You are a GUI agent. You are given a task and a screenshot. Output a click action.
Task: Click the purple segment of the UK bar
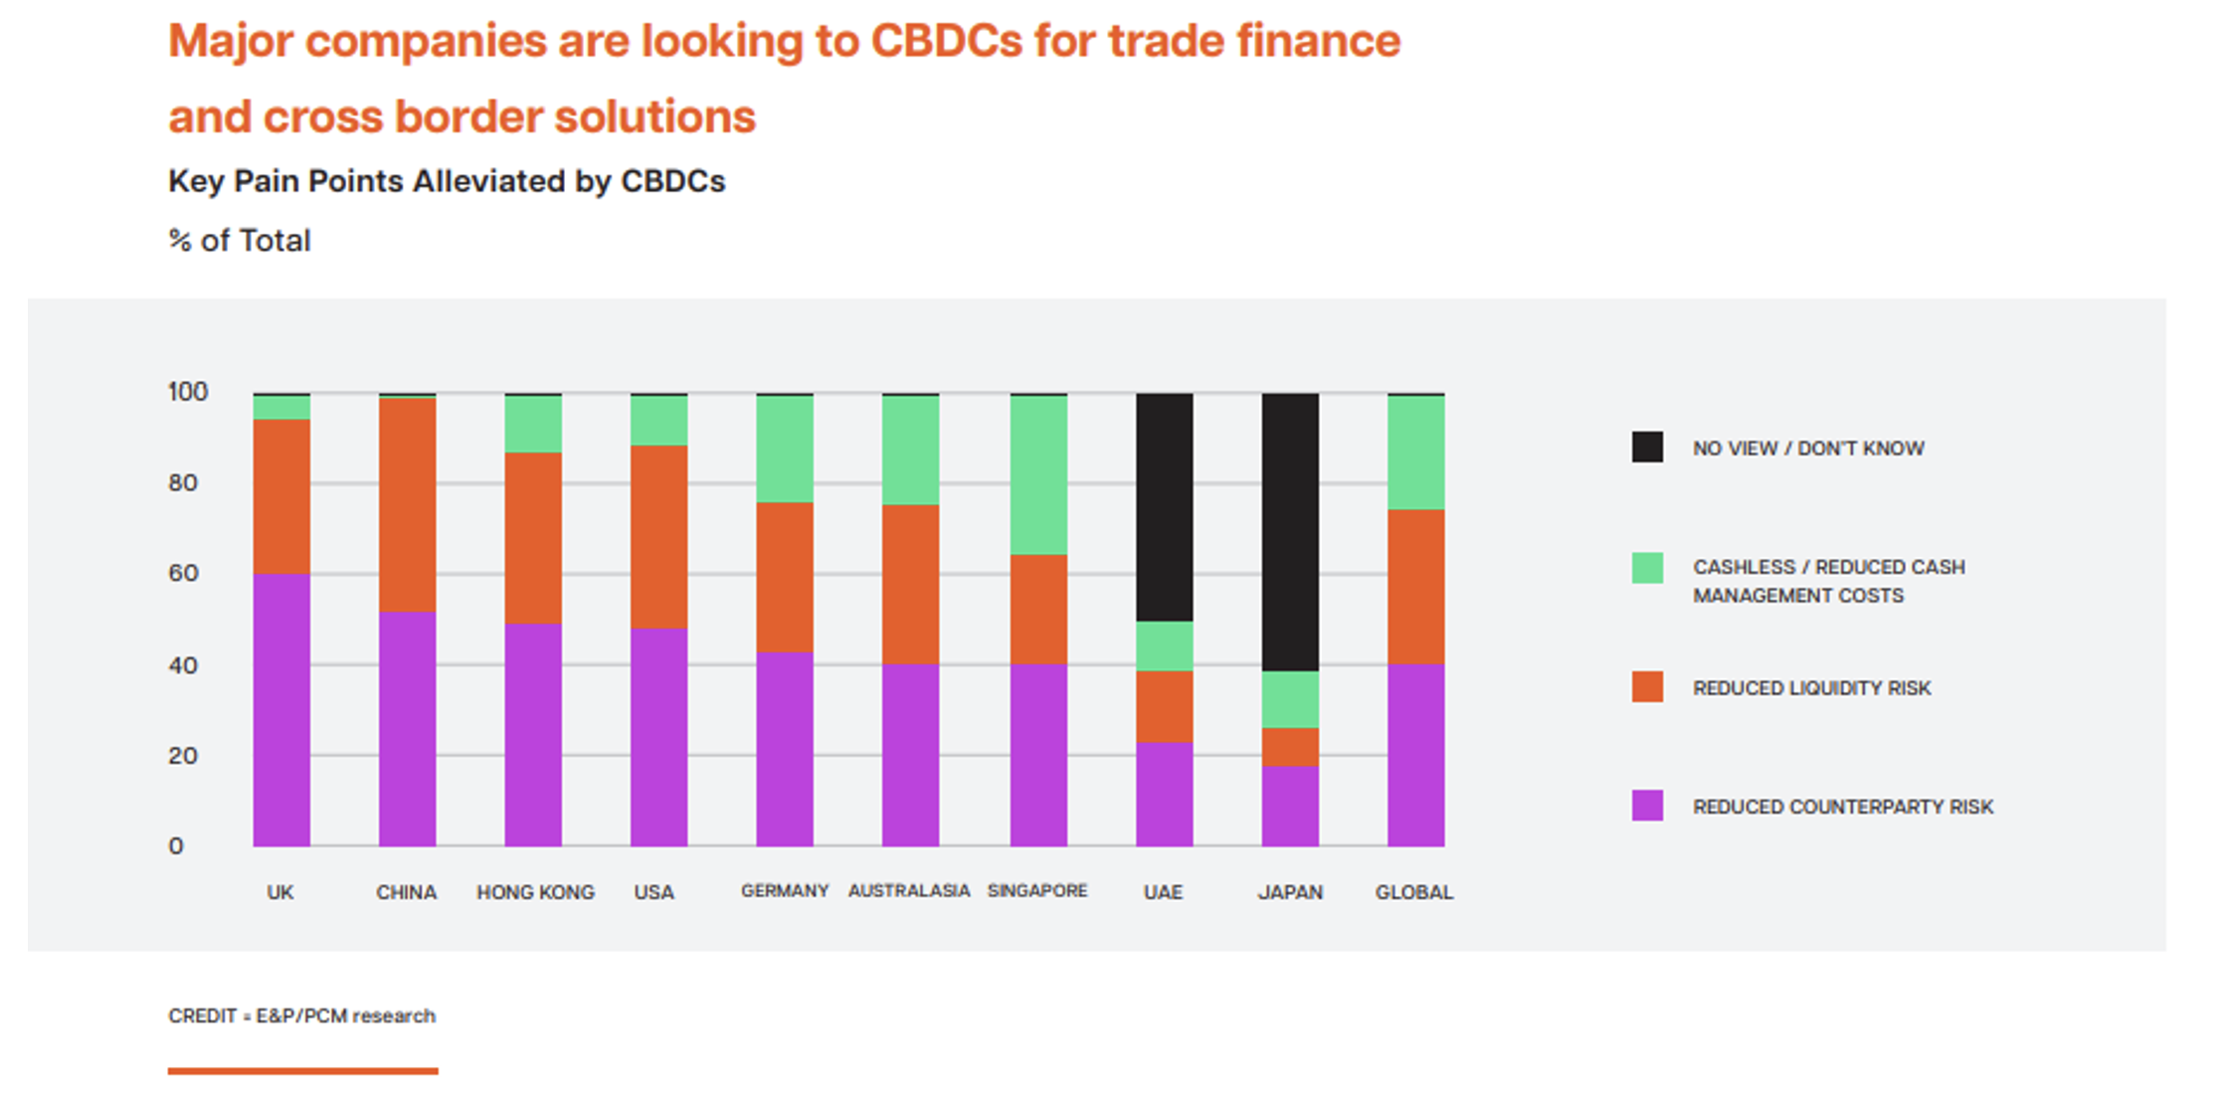281,709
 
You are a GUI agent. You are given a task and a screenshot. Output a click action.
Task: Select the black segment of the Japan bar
1290,532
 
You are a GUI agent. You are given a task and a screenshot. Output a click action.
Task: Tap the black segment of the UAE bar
1165,507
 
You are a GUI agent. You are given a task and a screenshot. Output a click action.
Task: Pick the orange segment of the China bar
407,504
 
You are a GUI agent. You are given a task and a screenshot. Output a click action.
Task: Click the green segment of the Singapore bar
1038,475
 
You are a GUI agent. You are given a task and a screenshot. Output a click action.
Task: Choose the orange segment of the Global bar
1415,587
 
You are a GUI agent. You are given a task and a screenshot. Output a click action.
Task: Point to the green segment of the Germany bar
785,450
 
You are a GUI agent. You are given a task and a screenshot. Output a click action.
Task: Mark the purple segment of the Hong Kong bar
533,735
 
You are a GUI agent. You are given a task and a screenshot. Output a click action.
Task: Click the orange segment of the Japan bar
1290,747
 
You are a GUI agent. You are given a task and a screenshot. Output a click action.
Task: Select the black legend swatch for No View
1647,448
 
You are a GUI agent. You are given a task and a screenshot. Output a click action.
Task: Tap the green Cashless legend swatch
1647,568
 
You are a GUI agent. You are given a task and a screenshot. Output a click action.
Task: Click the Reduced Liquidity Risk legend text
1811,688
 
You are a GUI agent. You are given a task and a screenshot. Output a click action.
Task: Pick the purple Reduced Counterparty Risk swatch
1647,806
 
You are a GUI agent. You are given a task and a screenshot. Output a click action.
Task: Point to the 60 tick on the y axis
183,574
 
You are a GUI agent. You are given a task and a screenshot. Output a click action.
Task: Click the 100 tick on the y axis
188,392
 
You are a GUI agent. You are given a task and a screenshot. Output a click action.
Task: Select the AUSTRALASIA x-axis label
908,891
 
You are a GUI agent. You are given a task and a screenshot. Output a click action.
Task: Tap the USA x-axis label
653,892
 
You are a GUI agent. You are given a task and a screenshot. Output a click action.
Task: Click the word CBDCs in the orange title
946,42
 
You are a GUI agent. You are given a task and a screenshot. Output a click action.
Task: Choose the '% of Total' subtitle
240,241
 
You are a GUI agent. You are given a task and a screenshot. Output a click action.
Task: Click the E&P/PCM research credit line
301,1015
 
